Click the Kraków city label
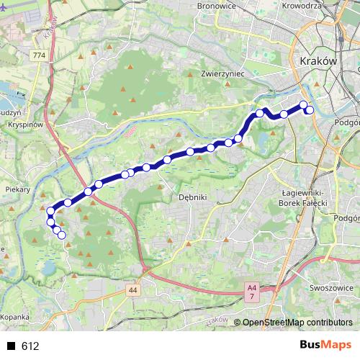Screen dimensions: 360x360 [x=317, y=62]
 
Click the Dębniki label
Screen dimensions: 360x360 [x=193, y=196]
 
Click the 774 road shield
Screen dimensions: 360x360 [x=38, y=55]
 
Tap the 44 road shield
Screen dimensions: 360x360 [x=133, y=290]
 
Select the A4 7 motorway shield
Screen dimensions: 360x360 [x=251, y=291]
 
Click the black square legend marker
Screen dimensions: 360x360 [x=11, y=346]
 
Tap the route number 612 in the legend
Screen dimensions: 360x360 [x=30, y=346]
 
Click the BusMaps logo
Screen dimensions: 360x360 [x=323, y=346]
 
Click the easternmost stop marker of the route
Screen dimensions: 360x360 [x=310, y=110]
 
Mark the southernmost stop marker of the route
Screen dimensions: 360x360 [x=62, y=235]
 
